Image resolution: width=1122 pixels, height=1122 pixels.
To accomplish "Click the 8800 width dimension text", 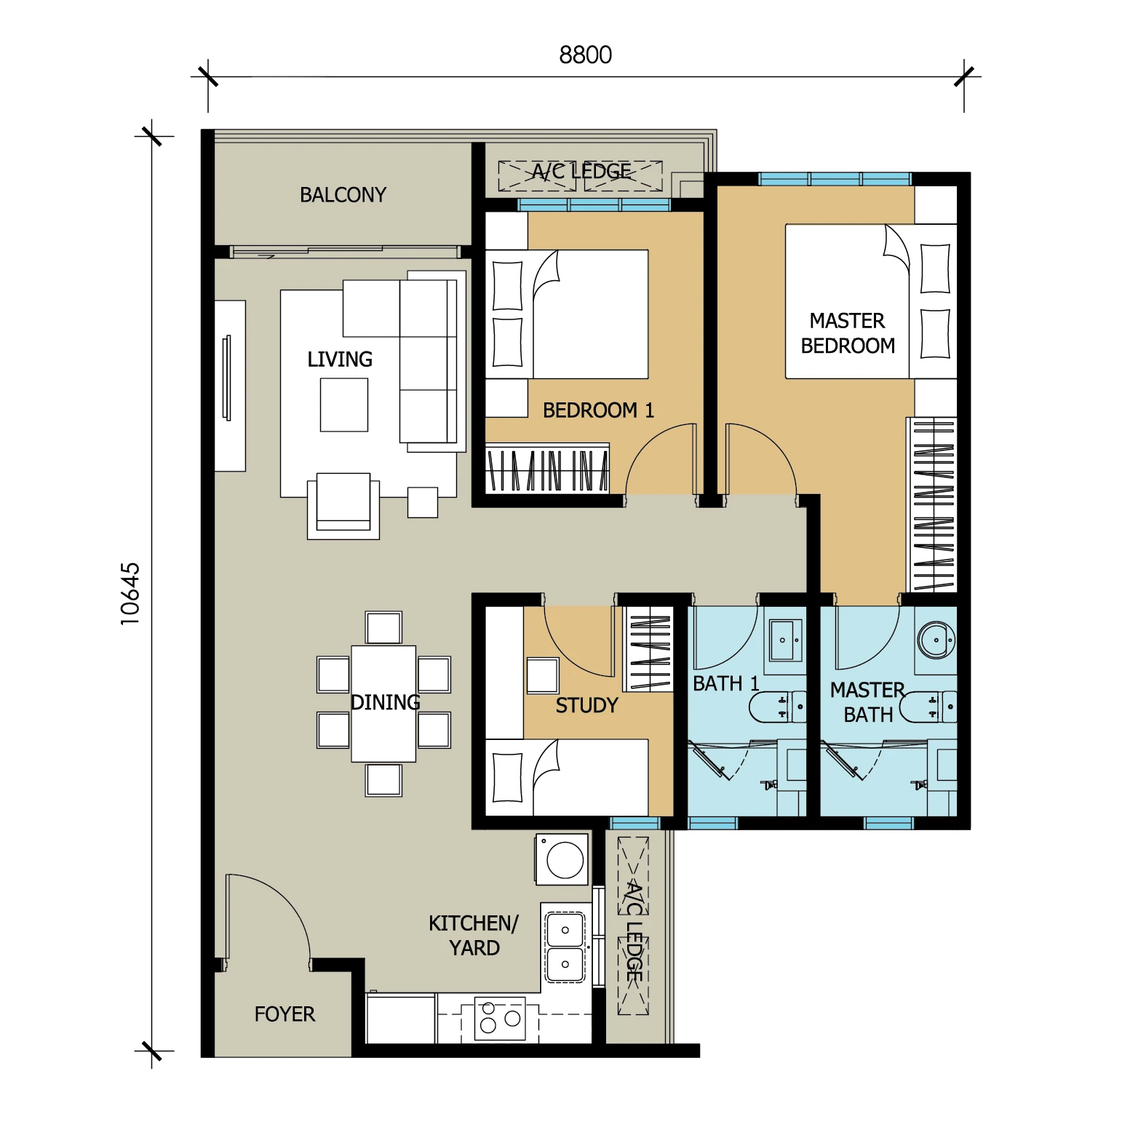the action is (x=585, y=55).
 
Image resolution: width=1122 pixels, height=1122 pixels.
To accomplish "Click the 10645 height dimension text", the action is (x=130, y=594).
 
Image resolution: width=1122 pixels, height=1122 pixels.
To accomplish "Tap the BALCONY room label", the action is (x=343, y=195).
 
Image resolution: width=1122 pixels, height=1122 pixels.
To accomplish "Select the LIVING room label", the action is (x=340, y=359).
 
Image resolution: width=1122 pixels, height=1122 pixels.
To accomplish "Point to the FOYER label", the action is (x=285, y=1014).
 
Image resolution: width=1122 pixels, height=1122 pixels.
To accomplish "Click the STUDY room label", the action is (x=586, y=705).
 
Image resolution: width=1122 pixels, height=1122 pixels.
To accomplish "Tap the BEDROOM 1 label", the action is (x=598, y=410).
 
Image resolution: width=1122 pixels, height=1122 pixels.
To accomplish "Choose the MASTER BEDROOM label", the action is (x=848, y=333).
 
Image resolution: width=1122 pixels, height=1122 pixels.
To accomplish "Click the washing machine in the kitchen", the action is (x=562, y=859).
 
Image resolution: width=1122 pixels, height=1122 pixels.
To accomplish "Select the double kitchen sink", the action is (x=565, y=947).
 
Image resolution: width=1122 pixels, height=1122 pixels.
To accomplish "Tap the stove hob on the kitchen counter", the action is (x=500, y=1018).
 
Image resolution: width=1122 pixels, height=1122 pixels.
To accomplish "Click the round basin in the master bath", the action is (x=936, y=640).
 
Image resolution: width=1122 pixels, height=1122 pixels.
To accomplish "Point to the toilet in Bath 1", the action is (x=777, y=707).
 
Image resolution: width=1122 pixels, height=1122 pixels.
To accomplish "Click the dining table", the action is (x=383, y=704).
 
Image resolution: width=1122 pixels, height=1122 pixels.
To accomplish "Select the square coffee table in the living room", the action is (x=344, y=405).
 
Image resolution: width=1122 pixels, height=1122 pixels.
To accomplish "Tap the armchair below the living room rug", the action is (x=343, y=506).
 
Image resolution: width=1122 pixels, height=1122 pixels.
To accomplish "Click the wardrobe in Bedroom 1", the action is (x=547, y=468).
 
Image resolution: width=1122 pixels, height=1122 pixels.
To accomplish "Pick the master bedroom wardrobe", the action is (x=931, y=504).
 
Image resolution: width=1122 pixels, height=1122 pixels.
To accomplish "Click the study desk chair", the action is (x=543, y=675).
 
